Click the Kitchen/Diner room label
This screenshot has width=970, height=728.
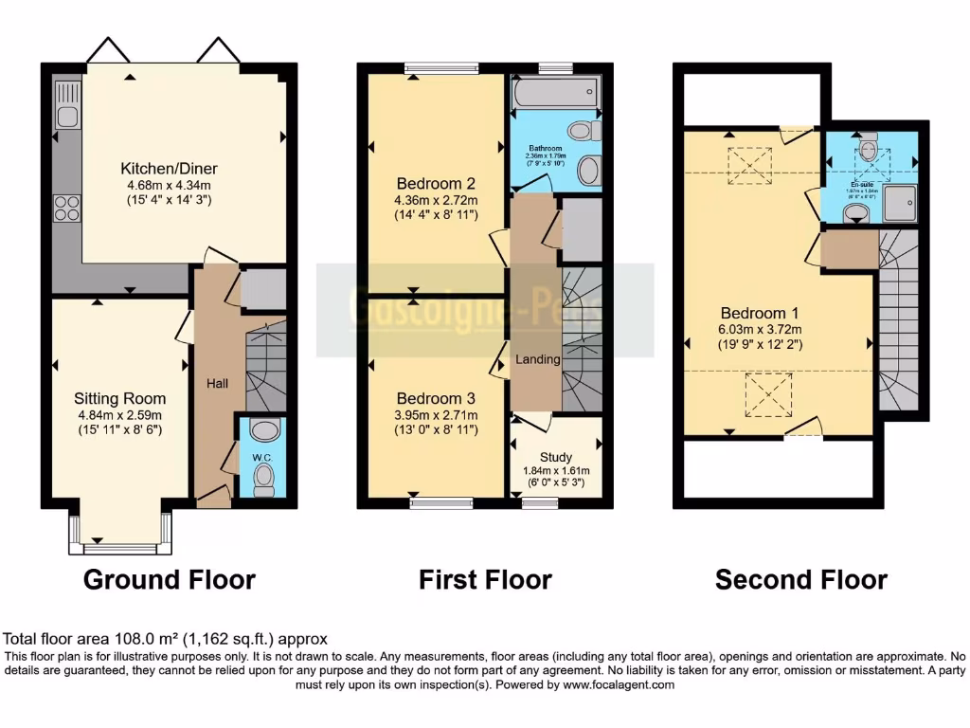click(x=166, y=169)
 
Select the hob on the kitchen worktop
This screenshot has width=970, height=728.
click(x=67, y=208)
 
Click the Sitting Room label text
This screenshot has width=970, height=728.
click(x=119, y=398)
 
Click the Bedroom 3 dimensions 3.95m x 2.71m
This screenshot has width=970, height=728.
click(x=436, y=414)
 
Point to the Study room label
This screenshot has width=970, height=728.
click(x=555, y=457)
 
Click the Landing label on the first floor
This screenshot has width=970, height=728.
click(x=537, y=359)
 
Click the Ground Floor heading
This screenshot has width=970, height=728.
click(x=170, y=579)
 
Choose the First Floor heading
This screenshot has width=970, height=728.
click(x=485, y=579)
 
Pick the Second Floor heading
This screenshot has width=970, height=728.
click(x=801, y=579)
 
